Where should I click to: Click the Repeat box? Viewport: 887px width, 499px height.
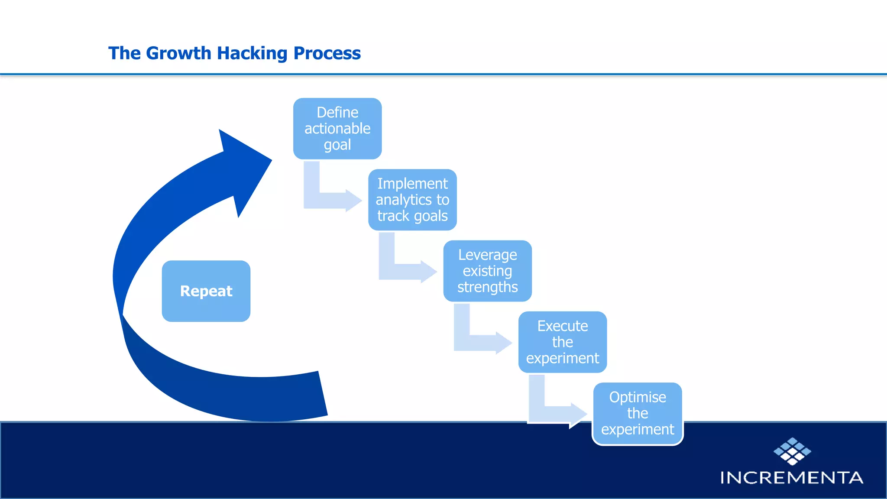[x=206, y=291]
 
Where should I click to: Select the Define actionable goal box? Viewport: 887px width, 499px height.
[x=337, y=129]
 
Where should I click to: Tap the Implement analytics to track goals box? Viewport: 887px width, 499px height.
[x=412, y=200]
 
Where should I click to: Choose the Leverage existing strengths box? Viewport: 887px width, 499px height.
[x=487, y=271]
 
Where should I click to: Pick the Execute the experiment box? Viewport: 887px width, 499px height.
[x=562, y=342]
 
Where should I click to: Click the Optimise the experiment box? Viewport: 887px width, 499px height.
[x=638, y=413]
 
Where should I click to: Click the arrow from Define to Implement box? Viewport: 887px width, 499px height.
[x=329, y=199]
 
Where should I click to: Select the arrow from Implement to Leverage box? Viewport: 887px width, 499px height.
[x=405, y=271]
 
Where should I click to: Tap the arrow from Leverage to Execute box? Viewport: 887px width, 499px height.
[x=479, y=342]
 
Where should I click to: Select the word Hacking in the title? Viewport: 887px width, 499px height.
[x=252, y=53]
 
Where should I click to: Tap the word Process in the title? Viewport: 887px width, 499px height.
[x=327, y=53]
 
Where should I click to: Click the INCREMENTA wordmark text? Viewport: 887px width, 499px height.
[x=792, y=478]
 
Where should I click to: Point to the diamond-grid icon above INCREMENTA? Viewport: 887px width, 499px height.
[x=792, y=451]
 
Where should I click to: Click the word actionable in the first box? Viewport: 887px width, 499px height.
[x=337, y=129]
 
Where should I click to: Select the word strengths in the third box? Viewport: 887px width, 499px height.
[x=487, y=287]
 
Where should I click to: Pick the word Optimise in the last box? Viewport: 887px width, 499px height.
[x=638, y=397]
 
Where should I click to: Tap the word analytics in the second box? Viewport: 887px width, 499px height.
[x=403, y=200]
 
